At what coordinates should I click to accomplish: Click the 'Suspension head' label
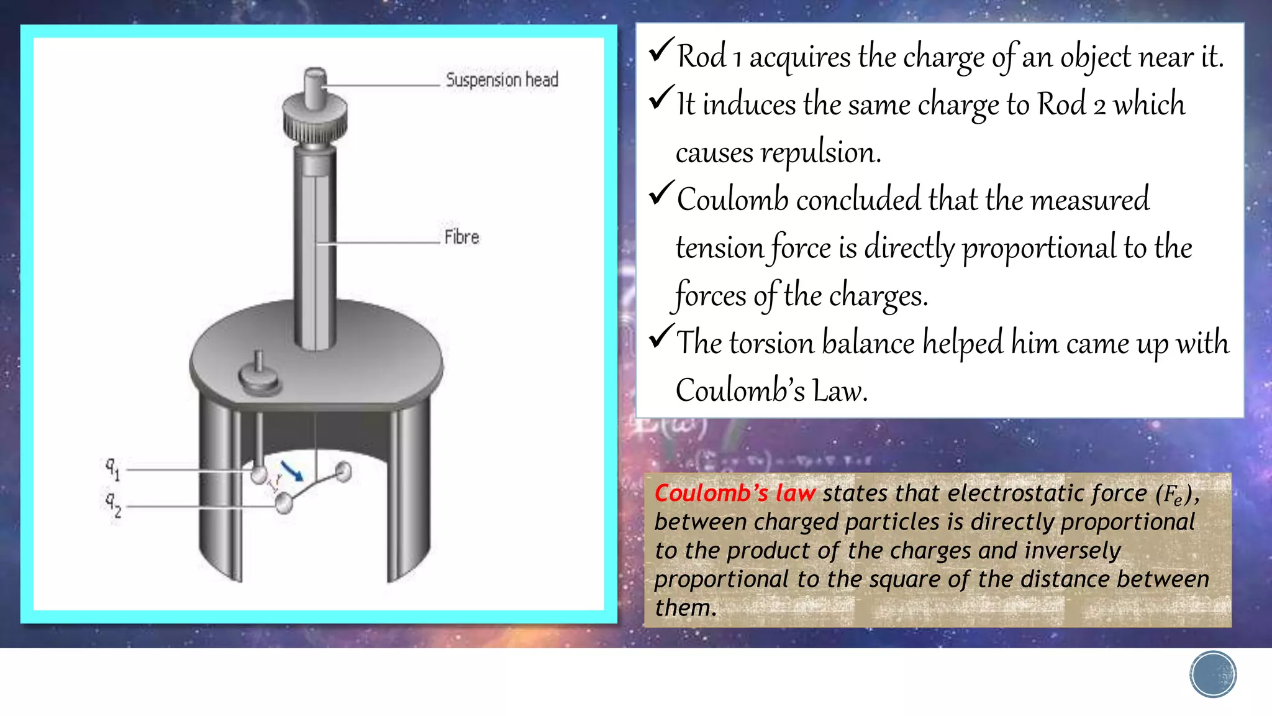point(502,80)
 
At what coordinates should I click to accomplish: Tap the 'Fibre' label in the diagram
point(461,237)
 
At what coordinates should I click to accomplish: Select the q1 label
point(112,468)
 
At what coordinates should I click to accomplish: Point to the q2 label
point(113,505)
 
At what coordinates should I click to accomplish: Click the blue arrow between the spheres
point(291,470)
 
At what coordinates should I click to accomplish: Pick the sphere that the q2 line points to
point(284,503)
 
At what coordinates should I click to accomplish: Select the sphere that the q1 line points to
point(259,475)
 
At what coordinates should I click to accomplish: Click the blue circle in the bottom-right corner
point(1213,674)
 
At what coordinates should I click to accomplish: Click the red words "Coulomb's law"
point(735,493)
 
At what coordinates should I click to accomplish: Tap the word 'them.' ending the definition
point(686,608)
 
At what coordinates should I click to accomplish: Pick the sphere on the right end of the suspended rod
point(343,472)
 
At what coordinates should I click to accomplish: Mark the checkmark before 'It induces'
point(661,98)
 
